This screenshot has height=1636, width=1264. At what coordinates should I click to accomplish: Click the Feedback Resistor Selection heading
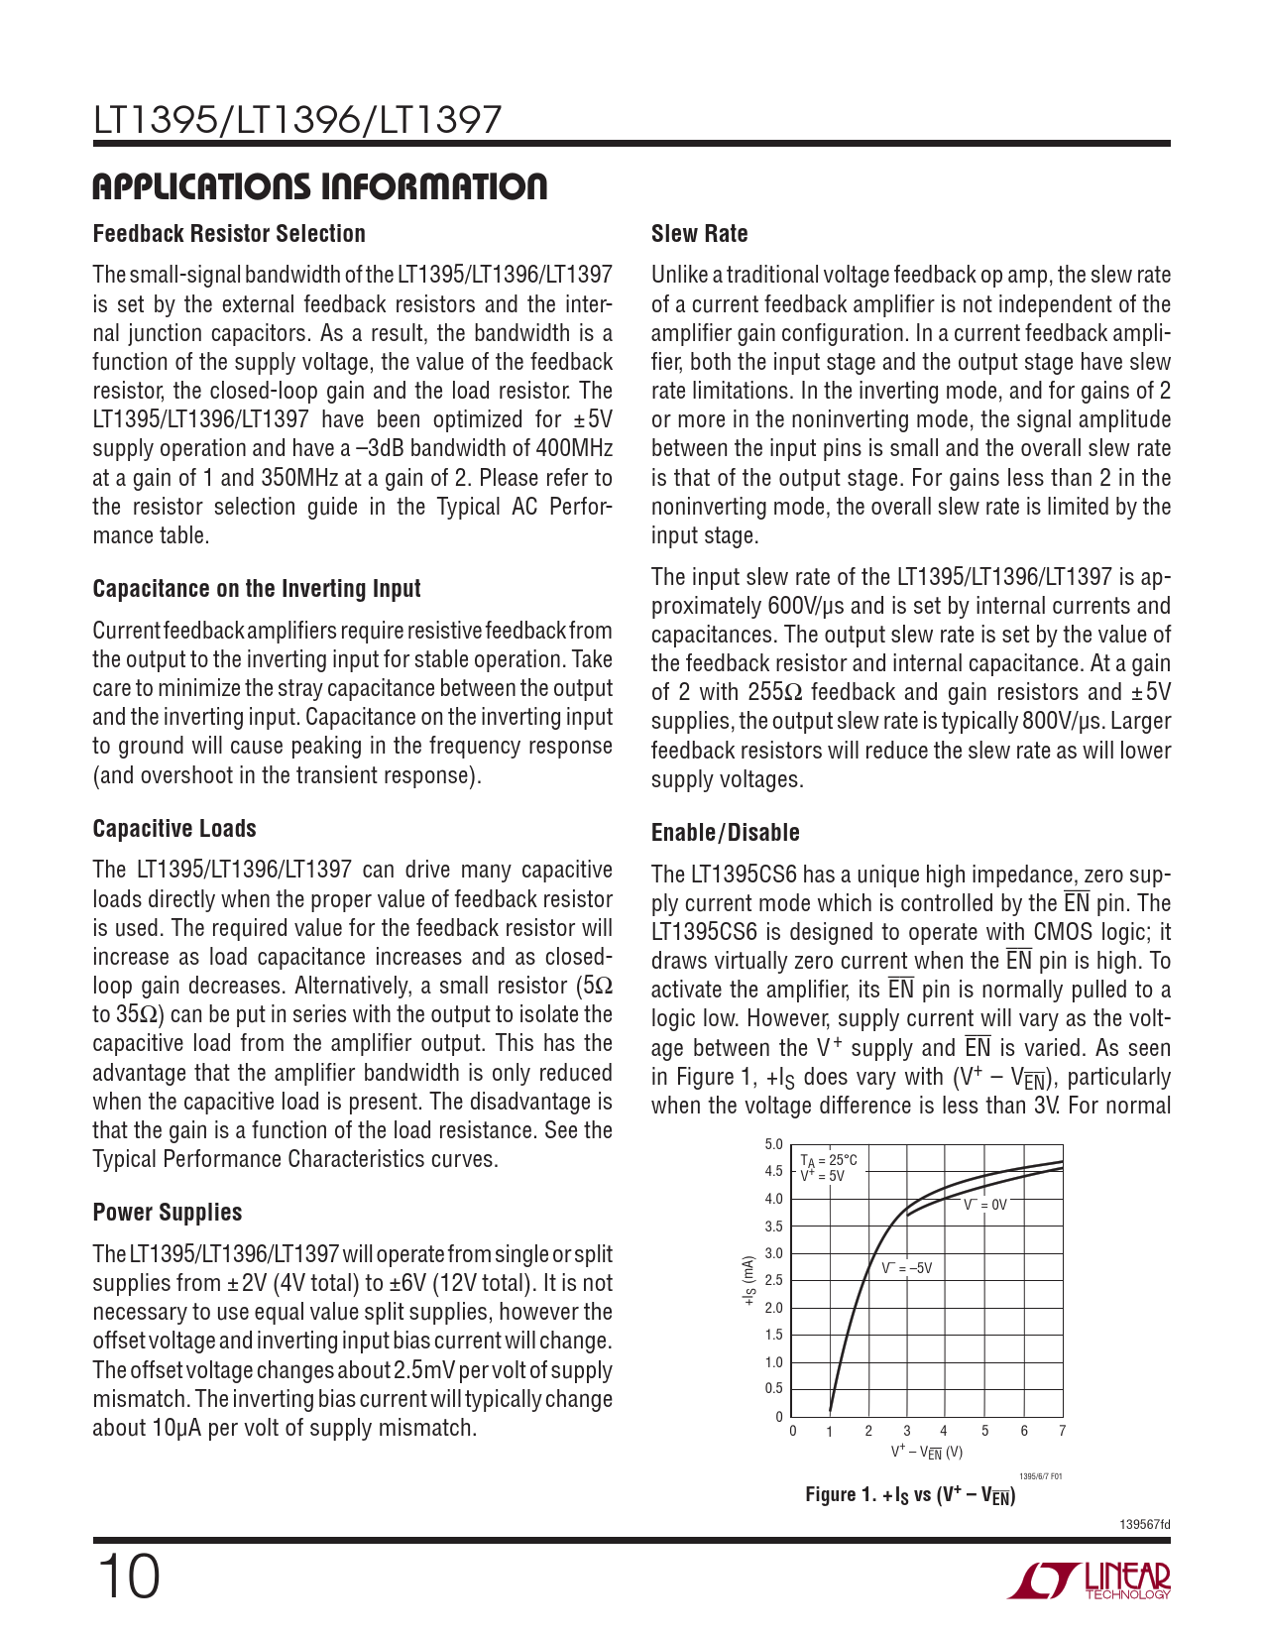click(x=229, y=234)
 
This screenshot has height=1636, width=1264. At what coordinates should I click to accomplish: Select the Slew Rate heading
click(x=699, y=234)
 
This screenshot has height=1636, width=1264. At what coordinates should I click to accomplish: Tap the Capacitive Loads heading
click(x=174, y=829)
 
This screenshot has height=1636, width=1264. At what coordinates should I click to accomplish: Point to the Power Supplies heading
click(x=168, y=1213)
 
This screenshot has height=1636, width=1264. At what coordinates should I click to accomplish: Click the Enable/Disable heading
click(x=725, y=833)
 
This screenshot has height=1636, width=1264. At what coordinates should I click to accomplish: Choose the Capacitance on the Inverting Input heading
click(x=257, y=589)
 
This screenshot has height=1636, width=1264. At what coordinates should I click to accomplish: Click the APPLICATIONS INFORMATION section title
click(x=319, y=186)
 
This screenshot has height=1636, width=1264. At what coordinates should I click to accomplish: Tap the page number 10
click(x=127, y=1577)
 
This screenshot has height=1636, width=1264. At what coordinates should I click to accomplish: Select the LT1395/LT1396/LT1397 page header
click(x=297, y=121)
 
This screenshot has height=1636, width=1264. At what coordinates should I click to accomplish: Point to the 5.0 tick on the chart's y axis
click(x=773, y=1145)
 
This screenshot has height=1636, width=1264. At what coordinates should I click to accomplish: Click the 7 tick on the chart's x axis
click(x=1062, y=1431)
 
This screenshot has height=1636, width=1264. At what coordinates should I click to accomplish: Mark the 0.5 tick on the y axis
click(x=773, y=1388)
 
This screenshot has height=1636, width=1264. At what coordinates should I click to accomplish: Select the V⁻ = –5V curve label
click(x=906, y=1268)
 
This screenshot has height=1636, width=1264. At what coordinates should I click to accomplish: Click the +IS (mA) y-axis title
click(x=749, y=1280)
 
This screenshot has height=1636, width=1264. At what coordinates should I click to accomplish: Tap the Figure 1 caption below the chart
click(x=910, y=1495)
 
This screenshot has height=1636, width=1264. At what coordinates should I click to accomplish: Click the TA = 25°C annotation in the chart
click(x=829, y=1160)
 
